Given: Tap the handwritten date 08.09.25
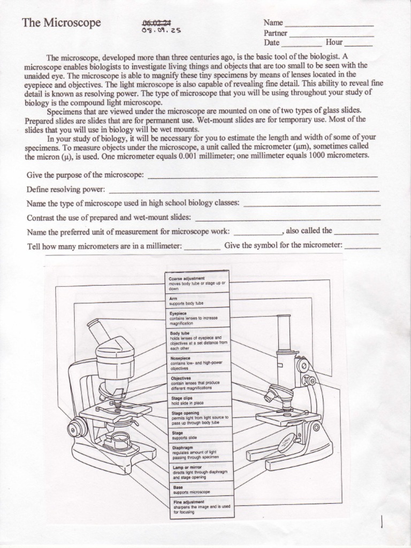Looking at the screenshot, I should pos(161,31).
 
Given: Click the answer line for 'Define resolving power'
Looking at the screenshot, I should pos(243,190).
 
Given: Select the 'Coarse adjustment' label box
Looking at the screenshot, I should pos(199,284).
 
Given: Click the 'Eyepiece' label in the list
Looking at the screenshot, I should pos(199,318).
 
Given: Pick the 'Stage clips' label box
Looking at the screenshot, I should pos(199,400).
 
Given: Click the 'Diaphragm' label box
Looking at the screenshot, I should pos(199,452).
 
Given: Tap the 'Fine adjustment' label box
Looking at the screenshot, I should pos(199,507).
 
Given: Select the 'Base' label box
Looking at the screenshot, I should pos(199,489).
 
